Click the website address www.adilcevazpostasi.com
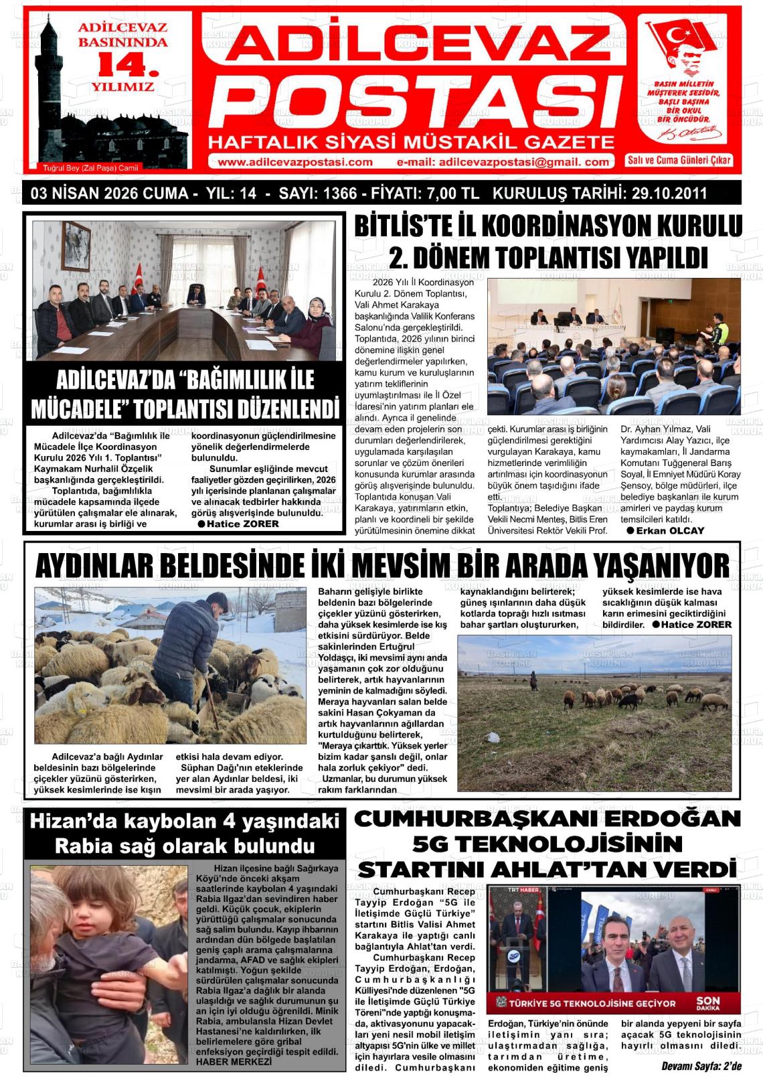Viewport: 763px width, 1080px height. click(295, 161)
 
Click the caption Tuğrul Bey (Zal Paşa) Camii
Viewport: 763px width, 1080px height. click(85, 167)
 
